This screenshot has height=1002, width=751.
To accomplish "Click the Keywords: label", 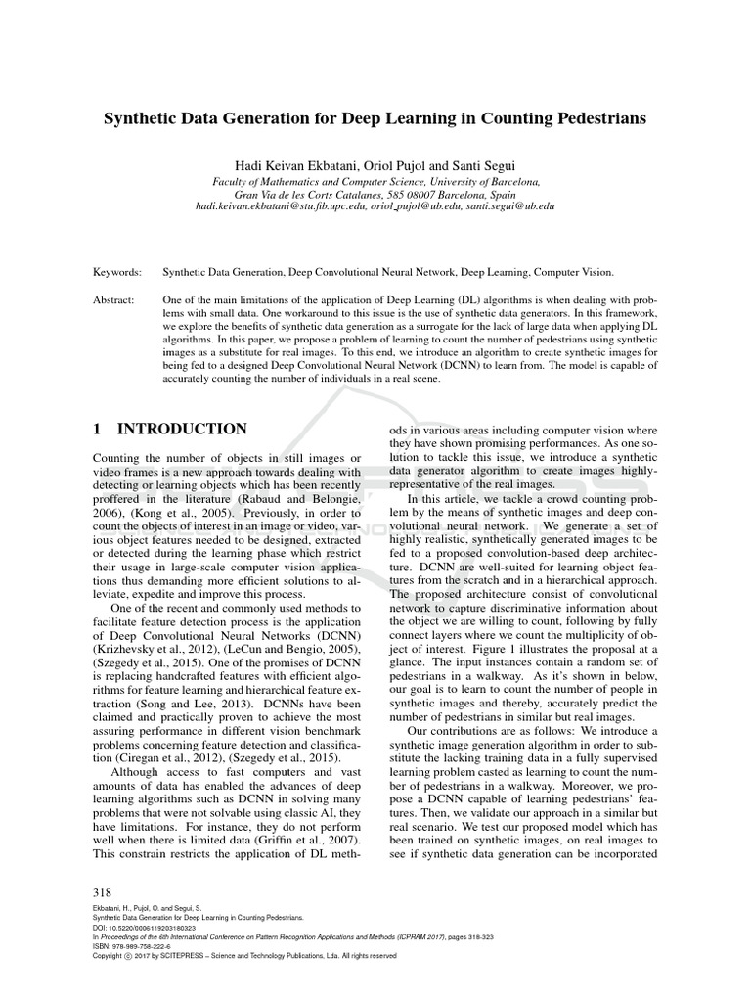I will click(117, 273).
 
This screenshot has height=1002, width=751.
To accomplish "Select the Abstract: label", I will click(115, 303).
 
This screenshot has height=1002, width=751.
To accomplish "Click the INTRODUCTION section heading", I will click(182, 429).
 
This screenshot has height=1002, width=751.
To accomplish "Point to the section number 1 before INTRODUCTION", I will click(97, 429).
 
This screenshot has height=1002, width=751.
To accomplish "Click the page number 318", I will click(102, 892).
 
